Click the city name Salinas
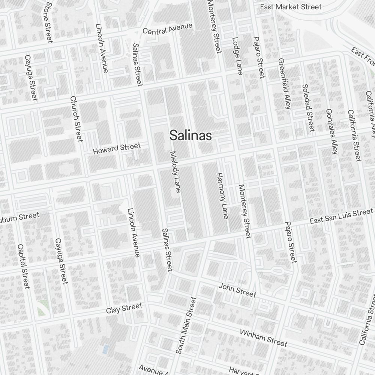190,135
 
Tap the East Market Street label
291,7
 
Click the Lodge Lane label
238,55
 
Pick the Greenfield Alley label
285,83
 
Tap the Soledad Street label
308,108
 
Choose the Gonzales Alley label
332,131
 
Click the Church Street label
76,119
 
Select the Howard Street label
117,148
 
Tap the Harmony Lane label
222,195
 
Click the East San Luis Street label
341,216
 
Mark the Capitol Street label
23,266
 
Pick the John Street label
237,290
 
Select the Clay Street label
124,309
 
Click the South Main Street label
186,325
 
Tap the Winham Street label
263,338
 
